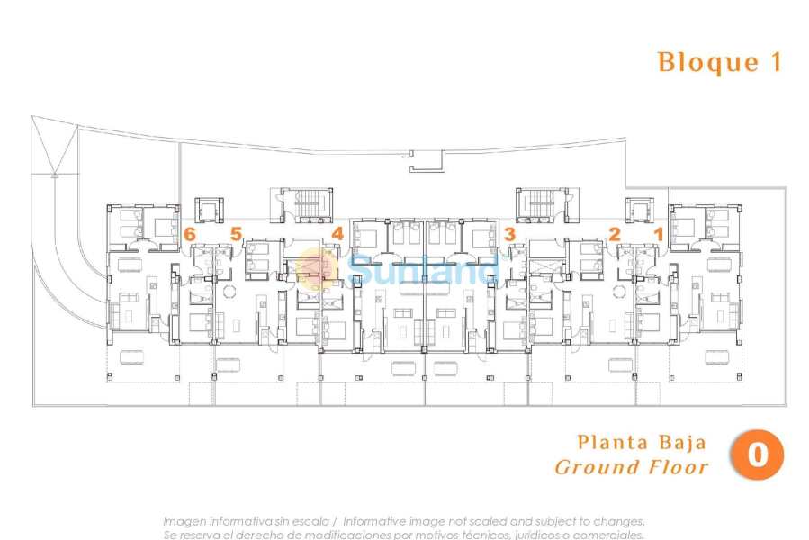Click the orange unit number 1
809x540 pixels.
pos(658,233)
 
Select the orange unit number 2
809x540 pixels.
pos(615,233)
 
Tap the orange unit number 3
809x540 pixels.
pos(509,234)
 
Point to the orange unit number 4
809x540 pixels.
pos(337,233)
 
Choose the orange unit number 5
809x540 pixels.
pos(236,233)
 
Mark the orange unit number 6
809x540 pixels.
pos(189,233)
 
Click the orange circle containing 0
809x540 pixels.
pos(757,454)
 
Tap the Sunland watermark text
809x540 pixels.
pos(423,268)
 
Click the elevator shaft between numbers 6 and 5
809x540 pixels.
pos(208,211)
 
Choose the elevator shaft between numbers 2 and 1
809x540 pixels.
pos(639,211)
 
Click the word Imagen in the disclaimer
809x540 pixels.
pos(185,521)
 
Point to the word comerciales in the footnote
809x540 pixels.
pos(607,535)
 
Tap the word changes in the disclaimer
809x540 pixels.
pos(619,521)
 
